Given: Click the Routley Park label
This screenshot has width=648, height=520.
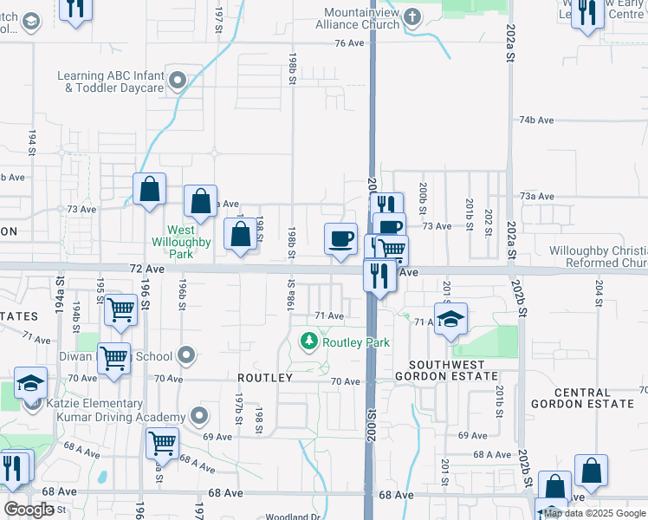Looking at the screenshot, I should click(x=356, y=342).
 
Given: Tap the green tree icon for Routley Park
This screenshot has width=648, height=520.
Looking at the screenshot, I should click(x=308, y=342).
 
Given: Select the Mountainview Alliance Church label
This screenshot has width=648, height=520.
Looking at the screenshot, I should click(x=362, y=18).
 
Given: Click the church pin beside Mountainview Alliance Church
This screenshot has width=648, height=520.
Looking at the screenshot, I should click(x=412, y=17).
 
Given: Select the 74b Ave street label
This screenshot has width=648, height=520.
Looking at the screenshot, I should click(x=536, y=120).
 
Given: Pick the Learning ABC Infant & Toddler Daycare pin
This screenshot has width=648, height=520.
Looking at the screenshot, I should click(x=178, y=82).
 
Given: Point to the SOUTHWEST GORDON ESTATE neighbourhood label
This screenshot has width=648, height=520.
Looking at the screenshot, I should click(x=446, y=370).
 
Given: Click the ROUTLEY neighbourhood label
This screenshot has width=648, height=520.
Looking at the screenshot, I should click(x=266, y=378).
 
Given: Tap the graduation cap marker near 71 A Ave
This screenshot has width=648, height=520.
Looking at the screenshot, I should click(x=451, y=318).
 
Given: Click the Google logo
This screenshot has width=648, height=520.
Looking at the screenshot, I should click(x=30, y=510).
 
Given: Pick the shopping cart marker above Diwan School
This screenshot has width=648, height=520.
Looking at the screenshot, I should click(x=121, y=309).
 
